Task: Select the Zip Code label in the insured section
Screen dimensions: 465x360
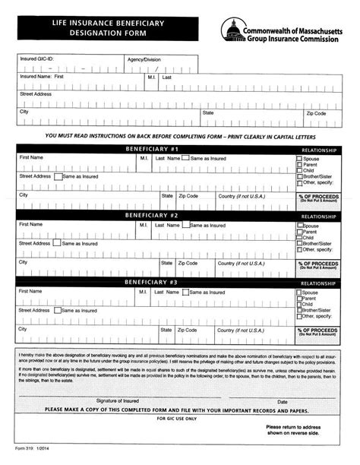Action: click(316, 112)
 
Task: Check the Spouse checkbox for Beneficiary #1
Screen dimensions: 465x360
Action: click(299, 160)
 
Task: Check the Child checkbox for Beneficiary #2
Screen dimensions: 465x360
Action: click(299, 238)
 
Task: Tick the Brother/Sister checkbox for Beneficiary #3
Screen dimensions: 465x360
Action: click(299, 311)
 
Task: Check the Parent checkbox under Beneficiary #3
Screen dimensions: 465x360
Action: click(299, 299)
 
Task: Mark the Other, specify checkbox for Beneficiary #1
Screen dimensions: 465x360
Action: click(299, 183)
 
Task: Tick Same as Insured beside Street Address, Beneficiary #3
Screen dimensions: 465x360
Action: click(58, 310)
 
